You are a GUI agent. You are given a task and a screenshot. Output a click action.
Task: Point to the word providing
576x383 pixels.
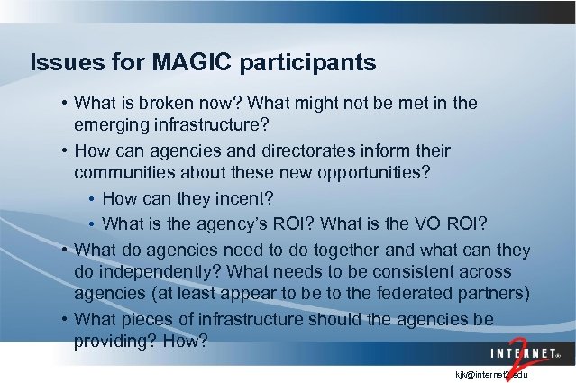click(113, 342)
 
